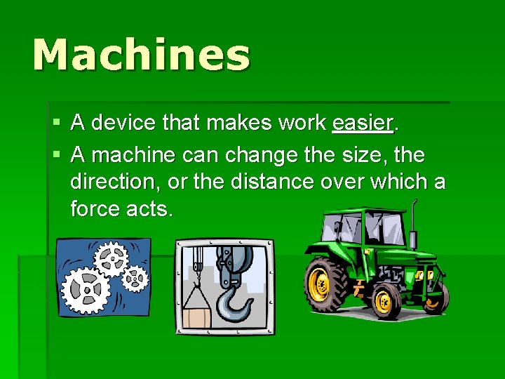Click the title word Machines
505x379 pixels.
point(141,55)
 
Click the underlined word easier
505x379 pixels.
point(363,123)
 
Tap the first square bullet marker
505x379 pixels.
point(57,124)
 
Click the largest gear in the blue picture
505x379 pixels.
point(86,288)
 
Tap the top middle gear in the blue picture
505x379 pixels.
point(111,258)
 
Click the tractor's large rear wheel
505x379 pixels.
point(326,284)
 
